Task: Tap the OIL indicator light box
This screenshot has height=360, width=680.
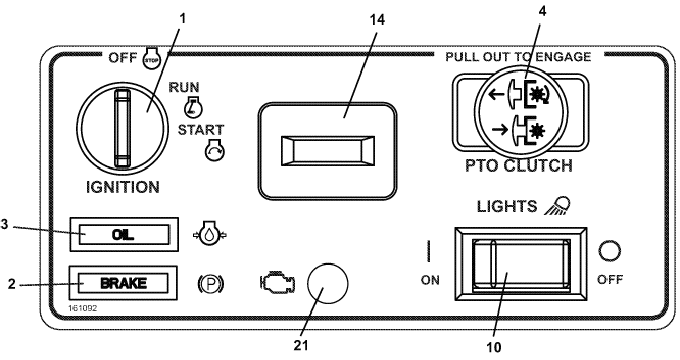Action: [x=124, y=234]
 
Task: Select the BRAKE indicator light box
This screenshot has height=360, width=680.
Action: [x=123, y=283]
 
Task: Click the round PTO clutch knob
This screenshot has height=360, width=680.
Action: [x=520, y=111]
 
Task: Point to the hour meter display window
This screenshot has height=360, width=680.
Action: [x=327, y=151]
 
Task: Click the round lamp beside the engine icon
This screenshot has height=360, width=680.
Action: [x=327, y=283]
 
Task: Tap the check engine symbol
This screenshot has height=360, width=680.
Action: [x=278, y=283]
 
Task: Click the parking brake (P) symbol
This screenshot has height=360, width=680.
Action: [x=211, y=284]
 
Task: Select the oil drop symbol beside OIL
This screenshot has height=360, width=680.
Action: [x=210, y=235]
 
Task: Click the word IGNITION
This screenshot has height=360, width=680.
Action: [x=123, y=187]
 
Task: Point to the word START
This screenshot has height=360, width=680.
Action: [x=201, y=130]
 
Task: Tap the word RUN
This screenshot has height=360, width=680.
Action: [x=184, y=87]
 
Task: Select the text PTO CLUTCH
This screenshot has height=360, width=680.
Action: [x=519, y=166]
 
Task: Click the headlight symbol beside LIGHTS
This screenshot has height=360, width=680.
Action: [x=558, y=205]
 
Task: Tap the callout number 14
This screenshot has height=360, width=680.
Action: [x=377, y=20]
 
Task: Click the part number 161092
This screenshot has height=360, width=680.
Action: [x=82, y=308]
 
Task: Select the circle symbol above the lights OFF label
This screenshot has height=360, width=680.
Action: [x=610, y=251]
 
